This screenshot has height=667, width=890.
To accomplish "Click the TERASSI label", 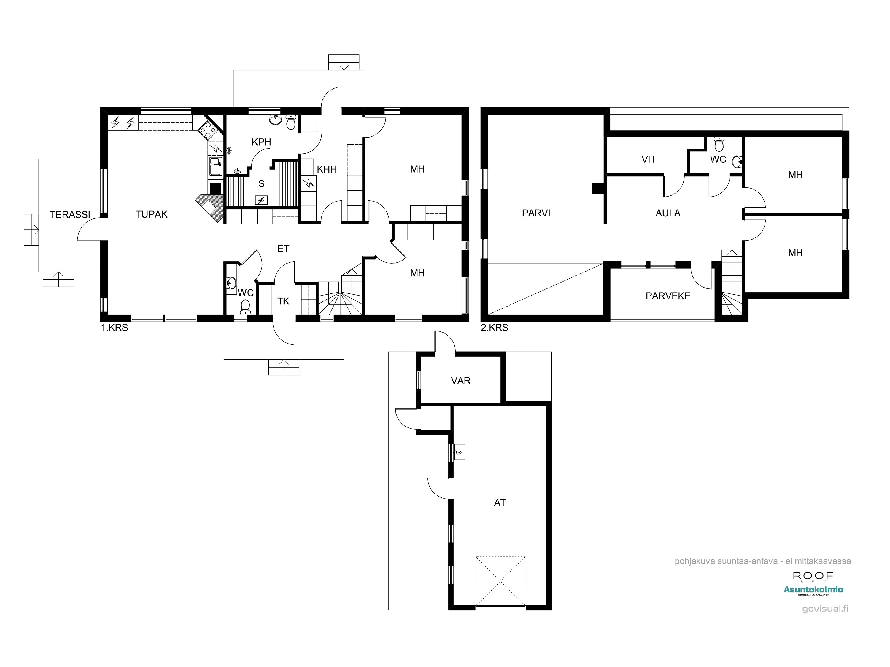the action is pyautogui.click(x=70, y=215).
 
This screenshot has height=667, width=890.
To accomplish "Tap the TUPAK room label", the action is pyautogui.click(x=152, y=214).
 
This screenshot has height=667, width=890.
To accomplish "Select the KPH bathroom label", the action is pyautogui.click(x=262, y=142).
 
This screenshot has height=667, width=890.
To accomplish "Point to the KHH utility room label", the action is pyautogui.click(x=327, y=169).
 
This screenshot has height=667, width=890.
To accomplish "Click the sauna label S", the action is pyautogui.click(x=262, y=184).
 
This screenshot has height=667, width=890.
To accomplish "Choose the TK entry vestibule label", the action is pyautogui.click(x=283, y=301).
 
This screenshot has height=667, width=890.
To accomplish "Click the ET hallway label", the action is pyautogui.click(x=283, y=248).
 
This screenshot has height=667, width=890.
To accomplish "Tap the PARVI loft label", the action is pyautogui.click(x=536, y=213).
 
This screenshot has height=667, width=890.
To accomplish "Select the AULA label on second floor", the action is pyautogui.click(x=668, y=213).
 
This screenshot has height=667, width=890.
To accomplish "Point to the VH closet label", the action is pyautogui.click(x=648, y=159).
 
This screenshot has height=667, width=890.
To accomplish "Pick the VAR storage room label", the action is pyautogui.click(x=461, y=381).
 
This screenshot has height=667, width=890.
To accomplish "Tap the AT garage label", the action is pyautogui.click(x=500, y=502).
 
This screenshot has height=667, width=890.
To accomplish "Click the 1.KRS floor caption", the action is pyautogui.click(x=114, y=328).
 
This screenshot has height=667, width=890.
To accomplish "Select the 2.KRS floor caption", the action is pyautogui.click(x=495, y=328).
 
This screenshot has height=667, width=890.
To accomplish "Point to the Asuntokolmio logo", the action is pyautogui.click(x=813, y=590).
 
